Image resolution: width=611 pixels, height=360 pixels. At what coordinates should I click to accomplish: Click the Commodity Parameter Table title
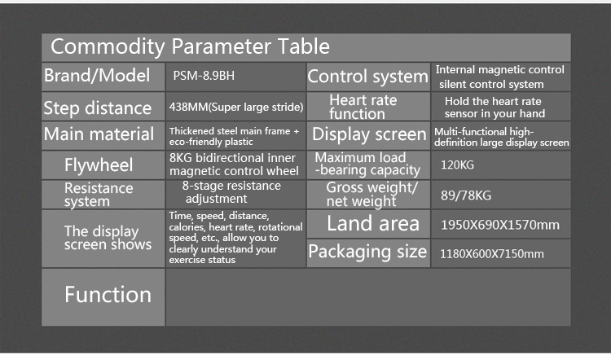pyautogui.click(x=190, y=46)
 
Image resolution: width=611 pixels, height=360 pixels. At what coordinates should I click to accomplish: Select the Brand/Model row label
pyautogui.click(x=97, y=77)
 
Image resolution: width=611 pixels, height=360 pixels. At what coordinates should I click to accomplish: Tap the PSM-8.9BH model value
pyautogui.click(x=204, y=77)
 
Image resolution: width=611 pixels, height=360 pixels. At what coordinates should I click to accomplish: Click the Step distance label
pyautogui.click(x=97, y=108)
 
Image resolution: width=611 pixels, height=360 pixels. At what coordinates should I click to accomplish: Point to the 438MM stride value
pyautogui.click(x=236, y=107)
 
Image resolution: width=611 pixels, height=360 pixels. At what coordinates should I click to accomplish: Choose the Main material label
pyautogui.click(x=99, y=134)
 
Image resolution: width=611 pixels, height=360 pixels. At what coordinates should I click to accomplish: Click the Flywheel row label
pyautogui.click(x=99, y=166)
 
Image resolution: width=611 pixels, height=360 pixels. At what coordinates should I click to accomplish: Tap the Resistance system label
pyautogui.click(x=99, y=195)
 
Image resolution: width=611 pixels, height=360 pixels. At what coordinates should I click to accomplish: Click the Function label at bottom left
pyautogui.click(x=108, y=295)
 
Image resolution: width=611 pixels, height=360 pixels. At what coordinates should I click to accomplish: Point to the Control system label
pyautogui.click(x=367, y=77)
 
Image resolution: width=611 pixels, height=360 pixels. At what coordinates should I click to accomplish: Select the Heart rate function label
pyautogui.click(x=363, y=107)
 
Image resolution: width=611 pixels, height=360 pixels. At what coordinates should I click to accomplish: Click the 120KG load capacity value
pyautogui.click(x=456, y=164)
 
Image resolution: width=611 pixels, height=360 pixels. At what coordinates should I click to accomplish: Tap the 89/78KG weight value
pyautogui.click(x=466, y=195)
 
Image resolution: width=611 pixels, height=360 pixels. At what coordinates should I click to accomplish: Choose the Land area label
pyautogui.click(x=372, y=223)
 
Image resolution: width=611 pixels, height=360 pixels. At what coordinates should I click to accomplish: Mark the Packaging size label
pyautogui.click(x=367, y=252)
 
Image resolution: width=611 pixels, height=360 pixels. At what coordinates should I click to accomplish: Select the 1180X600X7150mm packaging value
pyautogui.click(x=491, y=253)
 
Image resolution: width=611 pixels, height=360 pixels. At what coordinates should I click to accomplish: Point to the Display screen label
pyautogui.click(x=369, y=134)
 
